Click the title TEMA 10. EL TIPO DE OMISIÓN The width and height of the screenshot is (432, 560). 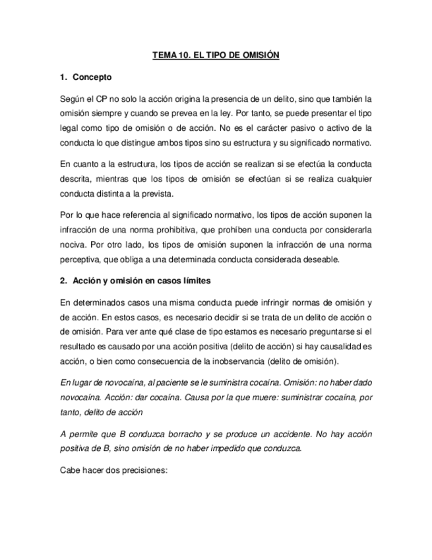pyautogui.click(x=216, y=56)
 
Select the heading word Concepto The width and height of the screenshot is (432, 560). pyautogui.click(x=92, y=77)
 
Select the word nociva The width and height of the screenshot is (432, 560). pyautogui.click(x=71, y=244)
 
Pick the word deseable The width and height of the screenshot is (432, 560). pyautogui.click(x=317, y=259)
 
